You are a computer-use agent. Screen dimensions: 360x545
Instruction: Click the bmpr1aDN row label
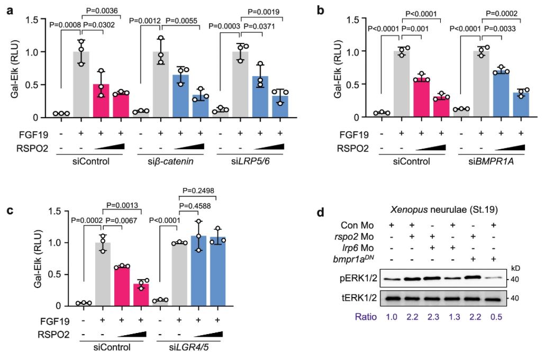(x=359, y=259)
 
